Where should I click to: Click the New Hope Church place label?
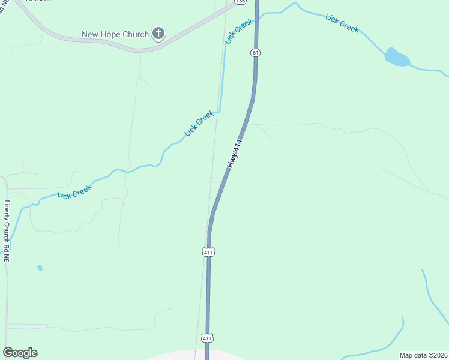tap(115, 34)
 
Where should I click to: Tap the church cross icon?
tap(158, 34)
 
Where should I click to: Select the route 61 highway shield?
tap(256, 53)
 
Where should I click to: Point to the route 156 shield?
tap(240, 2)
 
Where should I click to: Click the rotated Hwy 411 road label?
tap(235, 153)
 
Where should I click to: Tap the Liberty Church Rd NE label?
tap(7, 230)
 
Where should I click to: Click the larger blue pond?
tap(397, 58)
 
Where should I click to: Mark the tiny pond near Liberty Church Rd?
tap(40, 268)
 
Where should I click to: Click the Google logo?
tap(20, 353)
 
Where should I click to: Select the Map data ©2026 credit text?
tap(423, 355)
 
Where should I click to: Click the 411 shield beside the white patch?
tap(207, 338)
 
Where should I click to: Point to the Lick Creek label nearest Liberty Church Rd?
tap(74, 192)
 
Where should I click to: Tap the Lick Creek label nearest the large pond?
tap(342, 23)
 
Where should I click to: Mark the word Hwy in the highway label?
tap(231, 161)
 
